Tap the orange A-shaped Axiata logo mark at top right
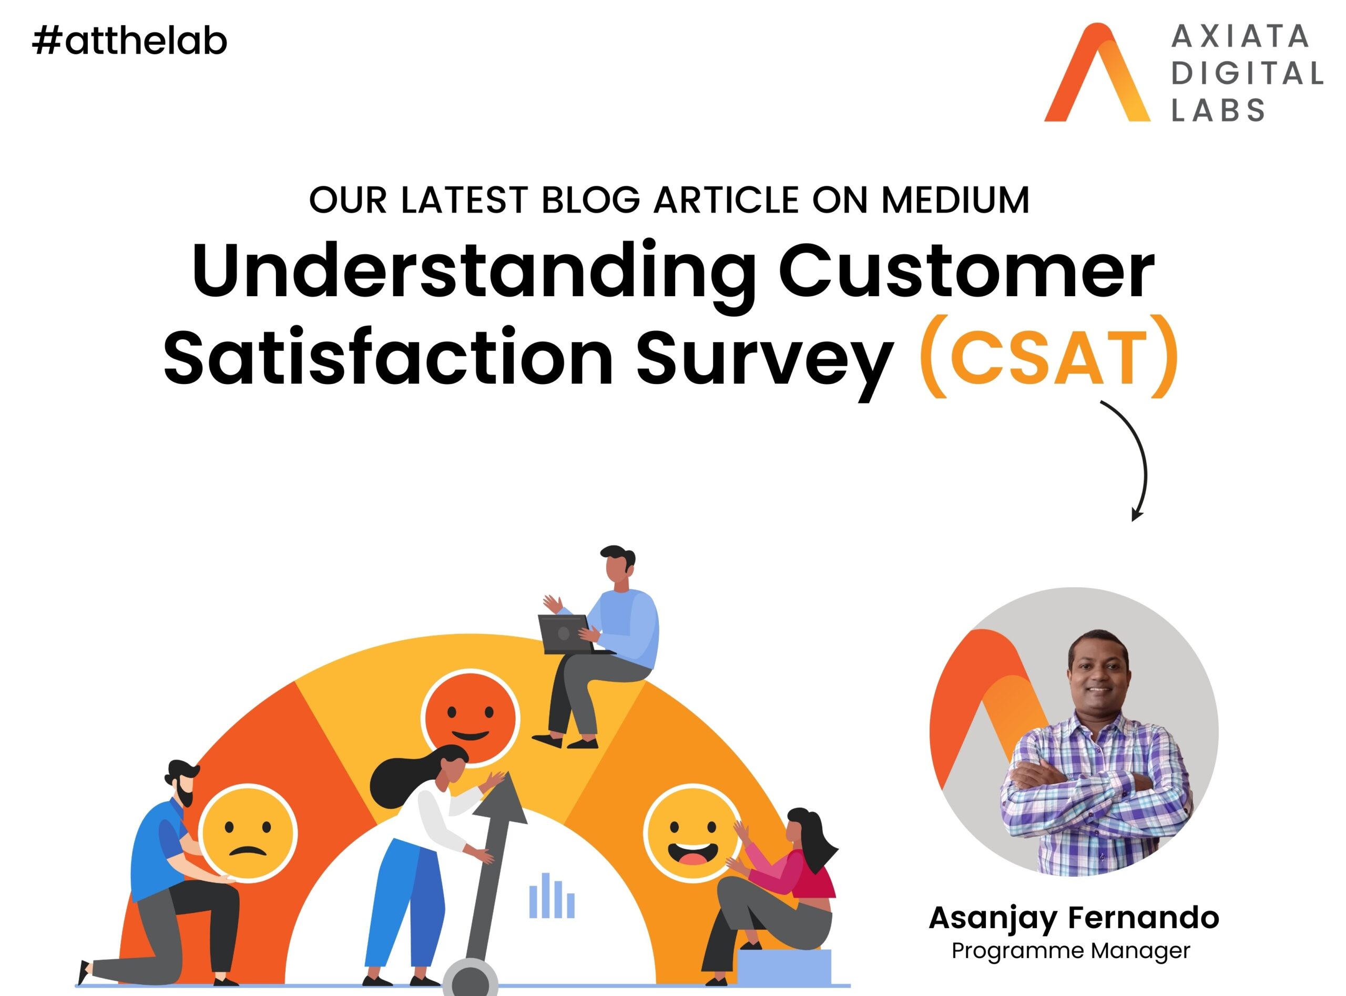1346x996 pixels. click(1097, 73)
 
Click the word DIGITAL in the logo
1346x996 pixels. click(1247, 74)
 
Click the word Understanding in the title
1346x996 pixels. click(473, 271)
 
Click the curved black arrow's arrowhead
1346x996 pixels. click(1136, 513)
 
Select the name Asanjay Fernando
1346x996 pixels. click(1074, 918)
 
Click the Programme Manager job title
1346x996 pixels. click(1070, 951)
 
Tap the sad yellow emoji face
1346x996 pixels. click(248, 834)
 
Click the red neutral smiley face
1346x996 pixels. click(470, 719)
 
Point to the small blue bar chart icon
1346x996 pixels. click(552, 896)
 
